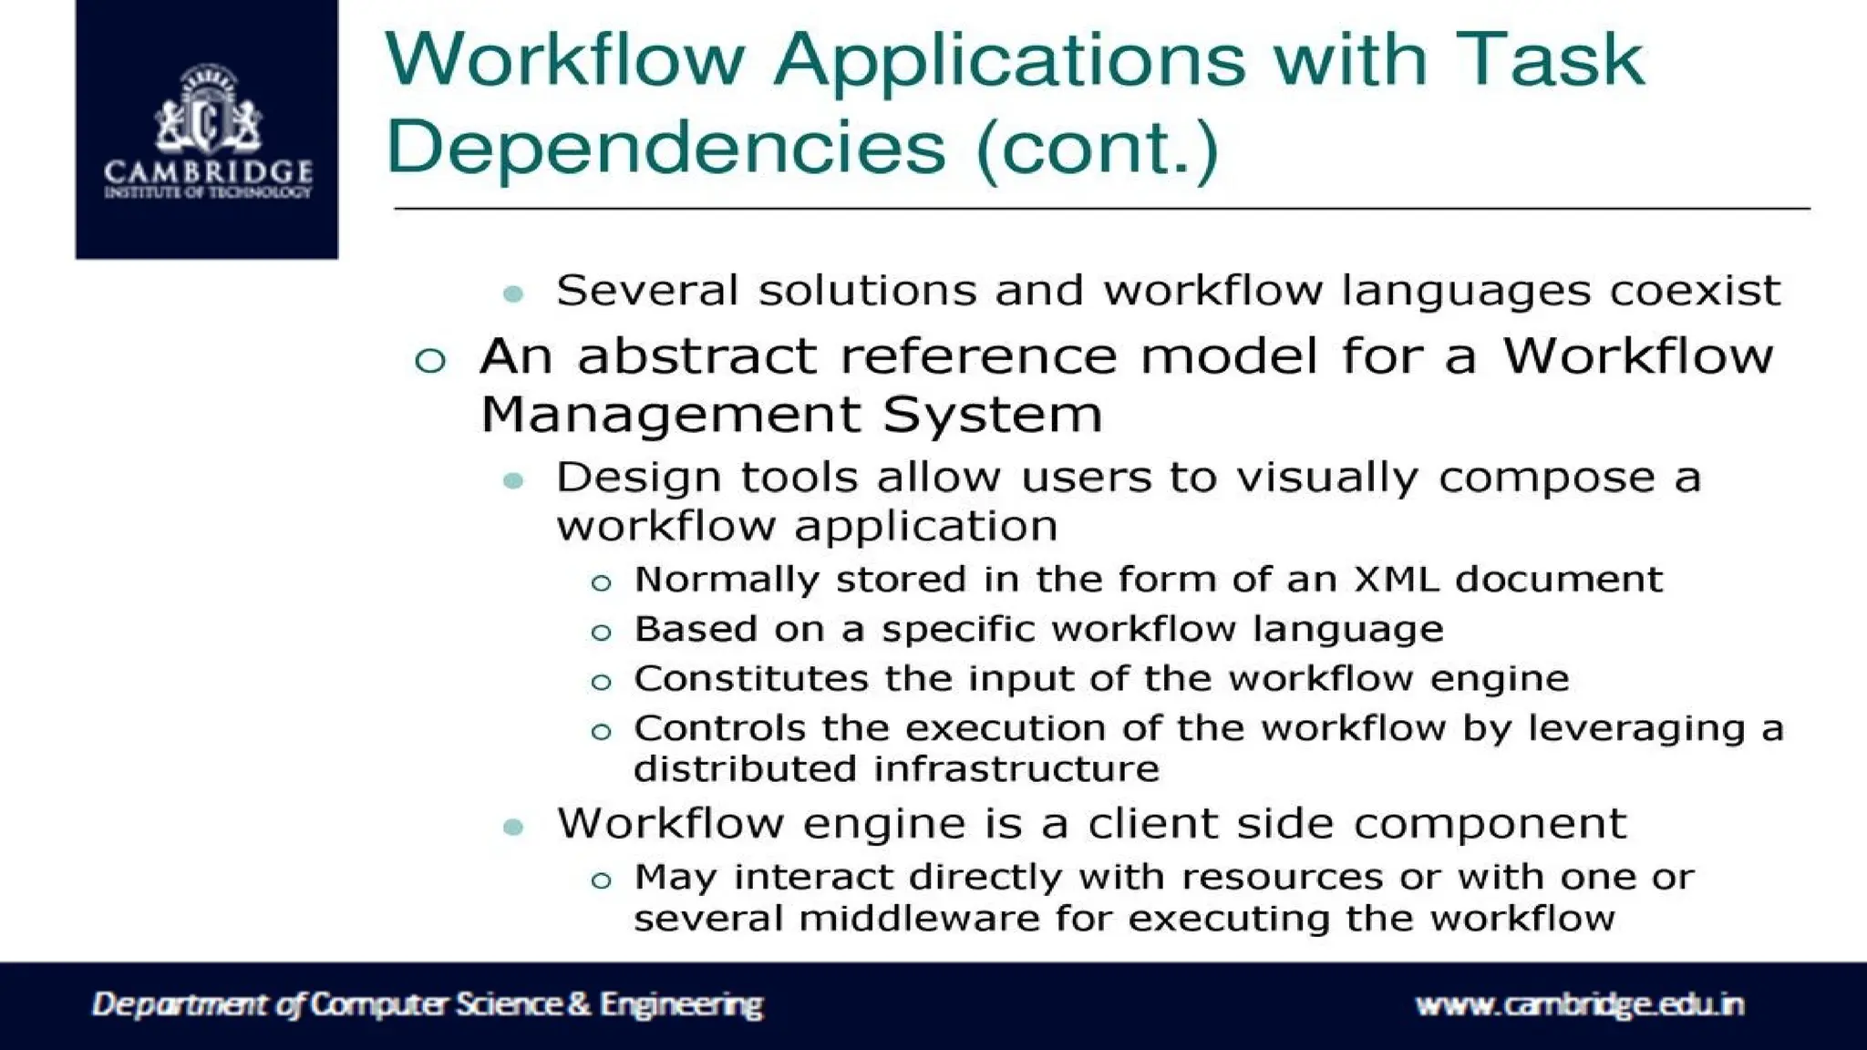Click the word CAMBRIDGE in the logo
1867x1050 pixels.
[x=208, y=170]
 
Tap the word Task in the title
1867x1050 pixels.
[x=1549, y=59]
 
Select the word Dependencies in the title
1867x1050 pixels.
[x=666, y=148]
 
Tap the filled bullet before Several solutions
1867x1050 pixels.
[x=513, y=293]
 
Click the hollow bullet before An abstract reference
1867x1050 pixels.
[x=430, y=360]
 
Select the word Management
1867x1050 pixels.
[x=669, y=415]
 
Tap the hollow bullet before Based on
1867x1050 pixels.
[x=601, y=632]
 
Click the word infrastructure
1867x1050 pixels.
[x=1016, y=768]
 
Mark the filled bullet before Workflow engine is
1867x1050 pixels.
[x=513, y=828]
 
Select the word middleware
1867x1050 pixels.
[x=919, y=918]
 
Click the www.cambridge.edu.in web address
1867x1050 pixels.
[x=1579, y=1004]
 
